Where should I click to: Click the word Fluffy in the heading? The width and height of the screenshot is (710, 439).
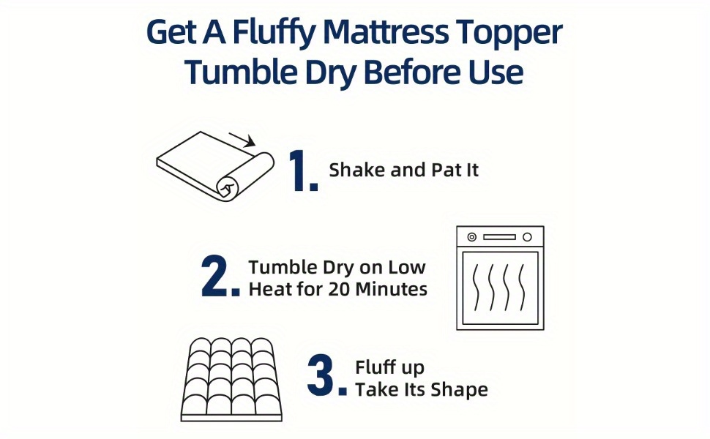coord(274,32)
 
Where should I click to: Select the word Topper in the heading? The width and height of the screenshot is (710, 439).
coord(509,33)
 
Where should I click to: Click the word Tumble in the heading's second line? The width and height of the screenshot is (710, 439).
coord(242,72)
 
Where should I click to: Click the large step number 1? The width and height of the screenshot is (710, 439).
coord(303,170)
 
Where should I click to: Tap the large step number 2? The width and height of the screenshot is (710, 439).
coord(220,276)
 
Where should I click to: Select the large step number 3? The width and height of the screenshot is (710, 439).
coord(327,375)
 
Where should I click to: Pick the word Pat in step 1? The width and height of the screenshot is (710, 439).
coord(446,170)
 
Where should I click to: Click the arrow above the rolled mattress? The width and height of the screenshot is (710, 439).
coord(242,140)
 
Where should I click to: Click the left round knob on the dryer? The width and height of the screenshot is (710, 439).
coord(472,237)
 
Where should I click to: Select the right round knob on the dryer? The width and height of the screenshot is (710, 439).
coord(527,237)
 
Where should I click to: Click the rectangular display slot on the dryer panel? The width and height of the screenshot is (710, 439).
coord(499,237)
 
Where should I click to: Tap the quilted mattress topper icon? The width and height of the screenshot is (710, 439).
coord(231,379)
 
